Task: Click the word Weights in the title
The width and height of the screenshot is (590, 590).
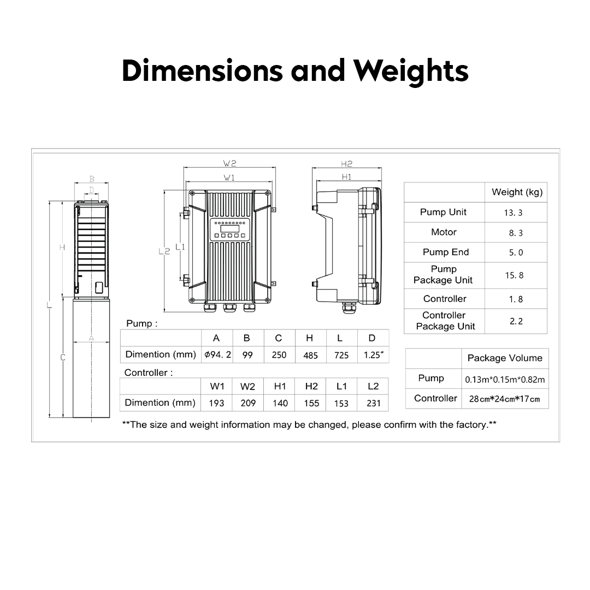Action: pos(410,71)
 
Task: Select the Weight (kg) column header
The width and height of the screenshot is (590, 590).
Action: pos(516,192)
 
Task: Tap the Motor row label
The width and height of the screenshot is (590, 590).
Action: pos(444,232)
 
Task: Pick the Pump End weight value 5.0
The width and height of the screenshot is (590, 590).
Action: pos(516,252)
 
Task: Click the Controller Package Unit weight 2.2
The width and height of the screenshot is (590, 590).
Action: pos(516,321)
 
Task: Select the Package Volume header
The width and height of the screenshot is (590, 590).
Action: pos(504,358)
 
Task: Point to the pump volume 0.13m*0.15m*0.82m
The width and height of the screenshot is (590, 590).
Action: pos(504,379)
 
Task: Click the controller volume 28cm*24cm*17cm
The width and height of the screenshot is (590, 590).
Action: pos(504,399)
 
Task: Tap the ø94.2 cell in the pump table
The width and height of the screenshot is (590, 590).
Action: pos(217,355)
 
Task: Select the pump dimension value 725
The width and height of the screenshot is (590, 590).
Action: pos(341,355)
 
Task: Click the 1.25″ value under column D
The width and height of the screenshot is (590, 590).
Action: pos(373,355)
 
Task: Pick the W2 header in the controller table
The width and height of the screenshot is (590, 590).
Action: pos(247,387)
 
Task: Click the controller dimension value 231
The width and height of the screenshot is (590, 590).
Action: pos(373,403)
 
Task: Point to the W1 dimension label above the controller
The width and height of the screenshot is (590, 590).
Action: pos(229,178)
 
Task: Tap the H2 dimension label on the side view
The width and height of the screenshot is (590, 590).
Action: pos(346,163)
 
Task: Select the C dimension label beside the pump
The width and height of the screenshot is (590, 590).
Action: pos(62,358)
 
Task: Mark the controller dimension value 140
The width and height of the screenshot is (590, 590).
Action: pos(280,403)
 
